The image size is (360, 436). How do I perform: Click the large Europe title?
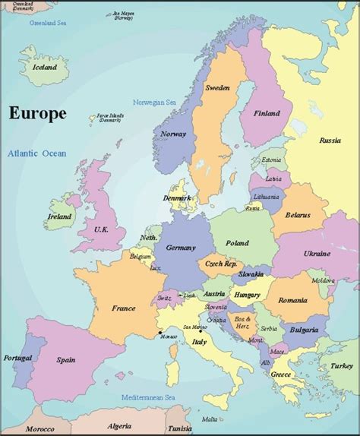coord(37,114)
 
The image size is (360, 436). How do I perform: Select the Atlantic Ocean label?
coord(37,153)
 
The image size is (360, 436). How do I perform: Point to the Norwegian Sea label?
coord(156,103)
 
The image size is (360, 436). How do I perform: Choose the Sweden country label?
coord(217,88)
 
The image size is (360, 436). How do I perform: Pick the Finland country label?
coord(267,114)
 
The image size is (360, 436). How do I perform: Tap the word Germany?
coord(180,248)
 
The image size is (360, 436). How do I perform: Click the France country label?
coord(123,308)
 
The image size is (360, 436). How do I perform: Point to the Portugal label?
coord(17,358)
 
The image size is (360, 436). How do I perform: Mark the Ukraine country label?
coord(316,253)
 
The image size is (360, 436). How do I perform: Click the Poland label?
coord(236,243)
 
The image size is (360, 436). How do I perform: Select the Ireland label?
coord(59,216)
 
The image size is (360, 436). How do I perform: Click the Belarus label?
coord(298,215)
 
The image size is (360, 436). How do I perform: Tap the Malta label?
coord(209,419)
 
